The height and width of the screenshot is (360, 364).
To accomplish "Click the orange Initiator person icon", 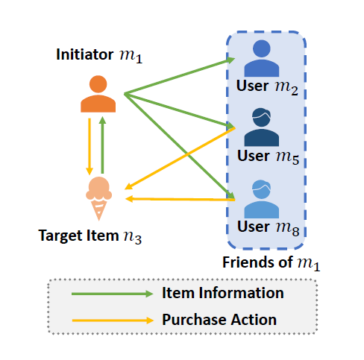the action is (98, 94).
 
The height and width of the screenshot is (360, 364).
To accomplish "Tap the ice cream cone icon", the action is (98, 198).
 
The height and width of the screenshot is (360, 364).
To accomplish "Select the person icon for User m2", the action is (262, 58).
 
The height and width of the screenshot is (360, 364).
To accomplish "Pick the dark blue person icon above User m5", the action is (262, 127).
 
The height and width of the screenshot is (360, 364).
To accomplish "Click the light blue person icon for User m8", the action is (262, 199).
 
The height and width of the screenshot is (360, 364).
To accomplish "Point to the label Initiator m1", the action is (99, 55).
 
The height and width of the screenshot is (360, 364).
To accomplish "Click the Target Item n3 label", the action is (90, 236).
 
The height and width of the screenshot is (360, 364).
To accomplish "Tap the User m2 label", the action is (267, 87).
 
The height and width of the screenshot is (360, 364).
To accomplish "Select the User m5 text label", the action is (268, 157).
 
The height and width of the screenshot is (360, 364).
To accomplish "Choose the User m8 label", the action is (268, 227).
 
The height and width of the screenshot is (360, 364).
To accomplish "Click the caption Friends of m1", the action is (271, 263).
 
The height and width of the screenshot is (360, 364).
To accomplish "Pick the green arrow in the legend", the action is (113, 294).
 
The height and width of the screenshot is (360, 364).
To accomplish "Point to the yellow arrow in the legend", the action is (113, 320).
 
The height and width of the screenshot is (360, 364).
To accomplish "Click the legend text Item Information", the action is (223, 293).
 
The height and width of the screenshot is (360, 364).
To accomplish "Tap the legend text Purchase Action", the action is (219, 320).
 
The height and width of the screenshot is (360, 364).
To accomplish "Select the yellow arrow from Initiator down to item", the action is (90, 147).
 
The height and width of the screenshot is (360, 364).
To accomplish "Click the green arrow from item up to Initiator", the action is (102, 145).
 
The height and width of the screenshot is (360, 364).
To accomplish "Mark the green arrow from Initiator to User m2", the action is (180, 76).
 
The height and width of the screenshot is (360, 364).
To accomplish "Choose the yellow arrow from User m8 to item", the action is (181, 199).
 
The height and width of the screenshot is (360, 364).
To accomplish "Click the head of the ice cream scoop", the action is (99, 189).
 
